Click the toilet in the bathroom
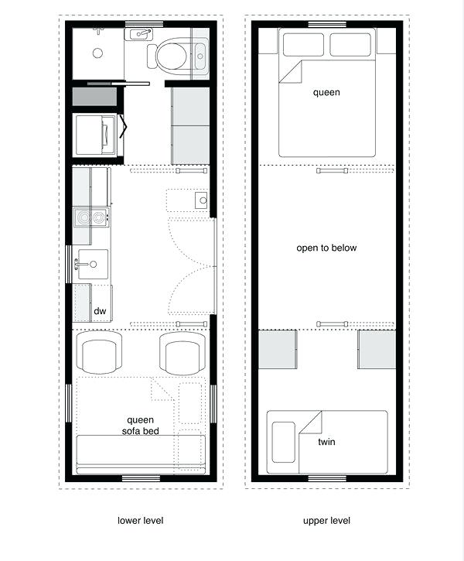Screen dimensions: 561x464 click(172, 54)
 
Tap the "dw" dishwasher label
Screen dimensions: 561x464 click(100, 311)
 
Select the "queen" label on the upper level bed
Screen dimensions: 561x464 click(326, 93)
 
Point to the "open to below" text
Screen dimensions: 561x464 click(326, 248)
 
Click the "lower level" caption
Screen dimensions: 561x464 click(140, 520)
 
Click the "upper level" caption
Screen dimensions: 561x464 click(326, 520)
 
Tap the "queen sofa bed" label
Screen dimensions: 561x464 click(140, 425)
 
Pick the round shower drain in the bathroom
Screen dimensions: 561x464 click(97, 53)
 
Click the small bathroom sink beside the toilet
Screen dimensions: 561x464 click(140, 34)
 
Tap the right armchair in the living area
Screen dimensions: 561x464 click(183, 353)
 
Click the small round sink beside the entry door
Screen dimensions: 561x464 click(200, 200)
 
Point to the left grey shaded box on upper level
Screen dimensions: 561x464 click(276, 350)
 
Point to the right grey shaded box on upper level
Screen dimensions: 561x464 click(377, 350)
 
